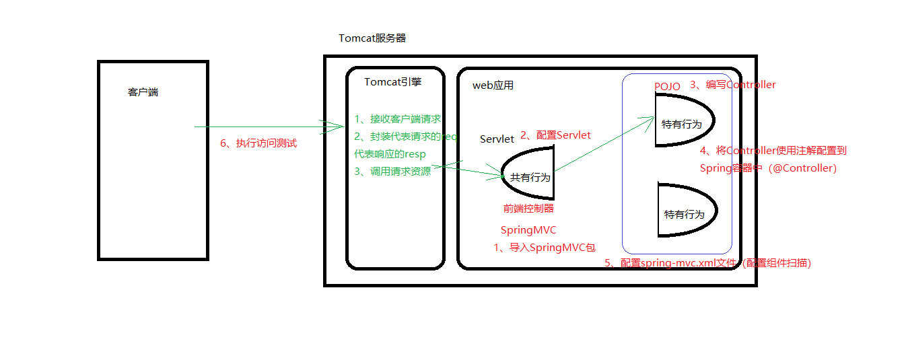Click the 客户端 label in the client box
[143, 92]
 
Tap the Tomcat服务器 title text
[372, 38]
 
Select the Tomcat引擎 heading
[393, 82]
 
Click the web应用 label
[493, 85]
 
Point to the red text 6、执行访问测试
[258, 143]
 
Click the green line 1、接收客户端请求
[397, 119]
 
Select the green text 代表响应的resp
[390, 154]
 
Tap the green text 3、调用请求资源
[392, 172]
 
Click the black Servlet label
[497, 139]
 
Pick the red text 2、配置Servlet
[555, 135]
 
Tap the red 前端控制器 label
[528, 209]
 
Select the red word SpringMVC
[528, 230]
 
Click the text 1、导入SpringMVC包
[545, 248]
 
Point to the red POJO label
[667, 86]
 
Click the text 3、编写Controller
[732, 85]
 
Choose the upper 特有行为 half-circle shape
[683, 121]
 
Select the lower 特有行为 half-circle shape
[685, 211]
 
